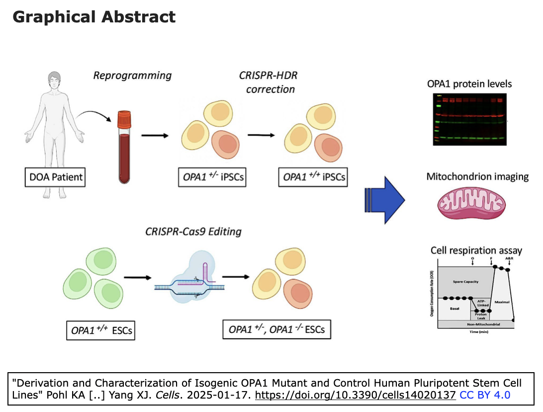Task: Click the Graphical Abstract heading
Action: (94, 17)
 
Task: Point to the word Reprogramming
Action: (132, 76)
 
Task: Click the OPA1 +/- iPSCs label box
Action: (211, 176)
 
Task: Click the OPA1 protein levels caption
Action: (469, 84)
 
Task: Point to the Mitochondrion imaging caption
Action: (477, 177)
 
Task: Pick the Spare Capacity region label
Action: (465, 282)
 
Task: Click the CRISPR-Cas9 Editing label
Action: (193, 231)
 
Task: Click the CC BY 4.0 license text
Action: (485, 395)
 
